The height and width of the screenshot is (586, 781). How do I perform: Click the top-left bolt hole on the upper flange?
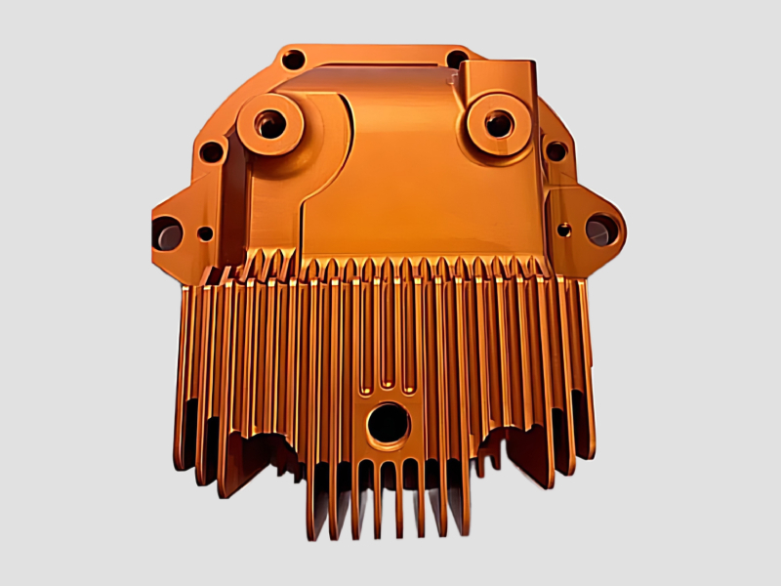click(291, 60)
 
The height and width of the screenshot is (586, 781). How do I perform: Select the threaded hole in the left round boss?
click(268, 124)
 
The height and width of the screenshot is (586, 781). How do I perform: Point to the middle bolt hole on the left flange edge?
click(210, 152)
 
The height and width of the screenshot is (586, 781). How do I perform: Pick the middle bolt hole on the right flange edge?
click(555, 151)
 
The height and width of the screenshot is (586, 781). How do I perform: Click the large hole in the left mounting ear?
click(167, 233)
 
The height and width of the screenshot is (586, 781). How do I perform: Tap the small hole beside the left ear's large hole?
click(204, 233)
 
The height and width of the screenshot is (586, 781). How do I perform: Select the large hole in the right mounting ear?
click(598, 230)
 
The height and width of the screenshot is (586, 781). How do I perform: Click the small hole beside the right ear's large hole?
click(564, 230)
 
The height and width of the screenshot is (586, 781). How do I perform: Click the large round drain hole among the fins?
click(388, 423)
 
